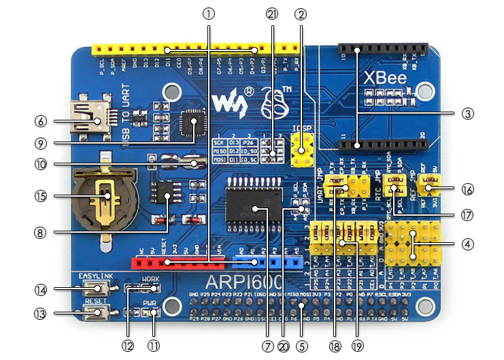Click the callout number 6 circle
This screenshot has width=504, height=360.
click(x=41, y=121)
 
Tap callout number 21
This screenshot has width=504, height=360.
click(x=273, y=12)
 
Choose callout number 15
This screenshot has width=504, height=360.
click(x=41, y=195)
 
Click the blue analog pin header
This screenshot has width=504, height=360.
click(x=265, y=261)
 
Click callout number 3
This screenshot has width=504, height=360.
click(x=467, y=114)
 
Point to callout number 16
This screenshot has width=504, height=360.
click(x=467, y=189)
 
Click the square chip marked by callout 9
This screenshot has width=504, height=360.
click(x=190, y=123)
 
